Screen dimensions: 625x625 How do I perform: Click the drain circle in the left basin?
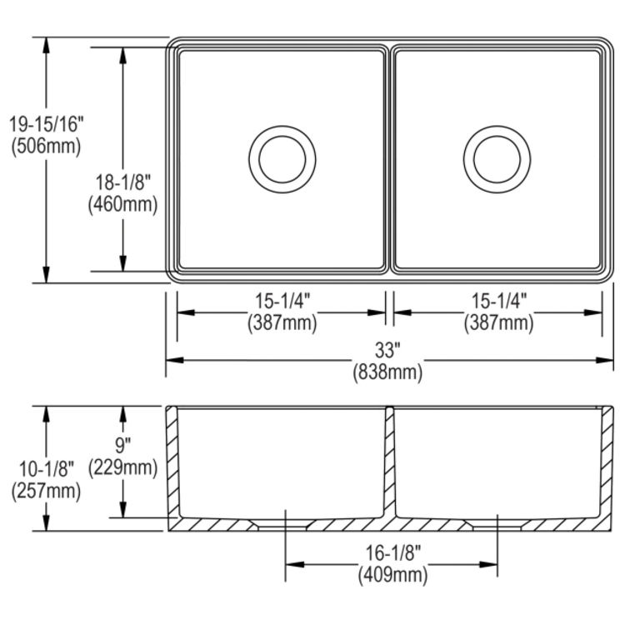click(x=282, y=158)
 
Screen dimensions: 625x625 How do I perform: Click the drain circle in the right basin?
click(x=497, y=158)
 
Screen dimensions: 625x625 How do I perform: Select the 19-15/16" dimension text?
click(x=47, y=125)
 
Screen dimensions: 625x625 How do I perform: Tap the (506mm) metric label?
click(x=47, y=147)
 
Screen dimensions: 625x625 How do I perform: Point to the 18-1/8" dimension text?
click(x=123, y=182)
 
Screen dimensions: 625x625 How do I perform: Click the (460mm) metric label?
click(x=123, y=204)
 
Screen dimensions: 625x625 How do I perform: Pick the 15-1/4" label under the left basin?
click(x=282, y=301)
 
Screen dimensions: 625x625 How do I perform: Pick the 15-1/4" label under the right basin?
click(x=497, y=301)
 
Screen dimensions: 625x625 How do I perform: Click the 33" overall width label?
click(x=386, y=349)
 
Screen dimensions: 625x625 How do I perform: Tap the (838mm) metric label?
click(x=386, y=372)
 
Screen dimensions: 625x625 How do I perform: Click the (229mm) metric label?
click(x=123, y=467)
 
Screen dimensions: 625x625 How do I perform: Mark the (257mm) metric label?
click(x=47, y=492)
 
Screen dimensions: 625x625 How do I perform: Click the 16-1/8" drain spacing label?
click(x=392, y=552)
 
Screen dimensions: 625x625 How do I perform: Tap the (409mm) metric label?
click(x=392, y=575)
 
